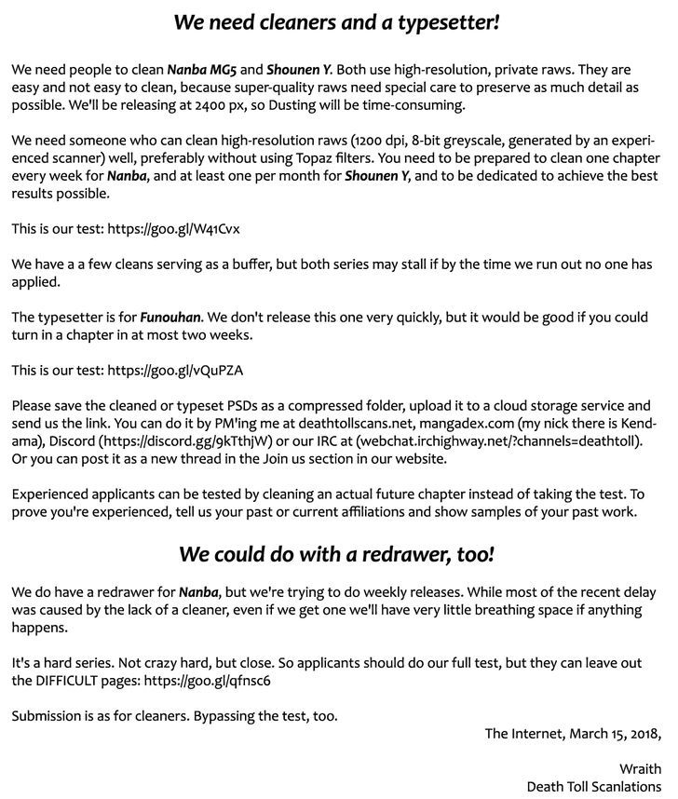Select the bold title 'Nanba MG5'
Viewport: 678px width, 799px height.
(x=200, y=69)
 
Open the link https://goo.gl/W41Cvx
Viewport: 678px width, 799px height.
(x=180, y=228)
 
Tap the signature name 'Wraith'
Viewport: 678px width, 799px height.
(x=640, y=768)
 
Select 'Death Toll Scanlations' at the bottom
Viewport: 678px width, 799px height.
(x=593, y=786)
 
